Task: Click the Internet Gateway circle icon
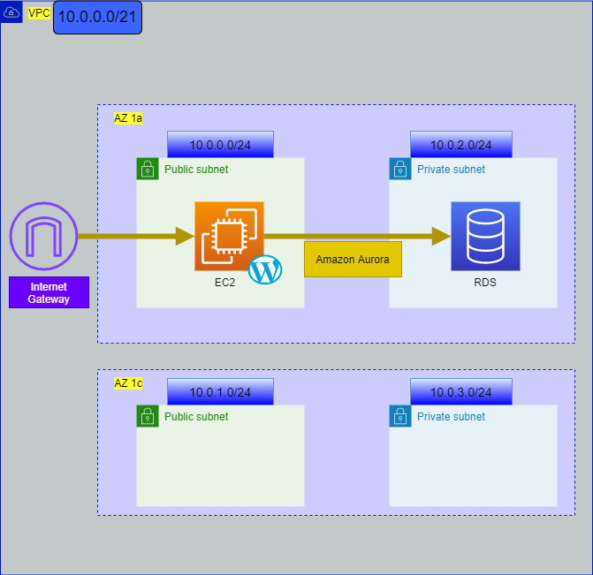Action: coord(43,237)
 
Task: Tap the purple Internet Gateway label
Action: coord(49,292)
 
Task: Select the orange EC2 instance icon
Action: coord(229,236)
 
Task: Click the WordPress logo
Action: coord(265,269)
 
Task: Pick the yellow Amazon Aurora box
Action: coord(353,260)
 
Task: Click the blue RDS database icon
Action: coord(485,236)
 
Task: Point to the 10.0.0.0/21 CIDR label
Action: coord(97,17)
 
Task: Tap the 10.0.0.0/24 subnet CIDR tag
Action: coord(220,145)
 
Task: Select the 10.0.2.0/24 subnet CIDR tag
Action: coord(460,145)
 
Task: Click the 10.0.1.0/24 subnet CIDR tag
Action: coord(220,392)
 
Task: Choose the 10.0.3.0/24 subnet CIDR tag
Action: coord(460,392)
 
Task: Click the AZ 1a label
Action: coord(128,117)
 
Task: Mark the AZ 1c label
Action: coord(128,383)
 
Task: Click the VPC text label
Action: coord(39,13)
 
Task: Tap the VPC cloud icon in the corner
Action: coord(11,12)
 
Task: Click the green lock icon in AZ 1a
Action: coord(147,170)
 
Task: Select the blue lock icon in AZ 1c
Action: coord(400,417)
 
